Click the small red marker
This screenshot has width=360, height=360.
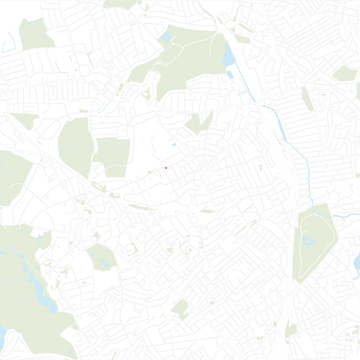click(165, 168)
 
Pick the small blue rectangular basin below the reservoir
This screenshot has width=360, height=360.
click(230, 74)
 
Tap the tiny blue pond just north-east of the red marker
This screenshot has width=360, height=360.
click(174, 145)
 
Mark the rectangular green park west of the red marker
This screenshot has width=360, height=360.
click(114, 156)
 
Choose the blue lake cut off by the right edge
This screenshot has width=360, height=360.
click(356, 262)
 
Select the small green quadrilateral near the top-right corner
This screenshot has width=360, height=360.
click(345, 73)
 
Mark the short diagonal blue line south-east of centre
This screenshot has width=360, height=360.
click(248, 208)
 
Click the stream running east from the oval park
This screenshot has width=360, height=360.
click(344, 216)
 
